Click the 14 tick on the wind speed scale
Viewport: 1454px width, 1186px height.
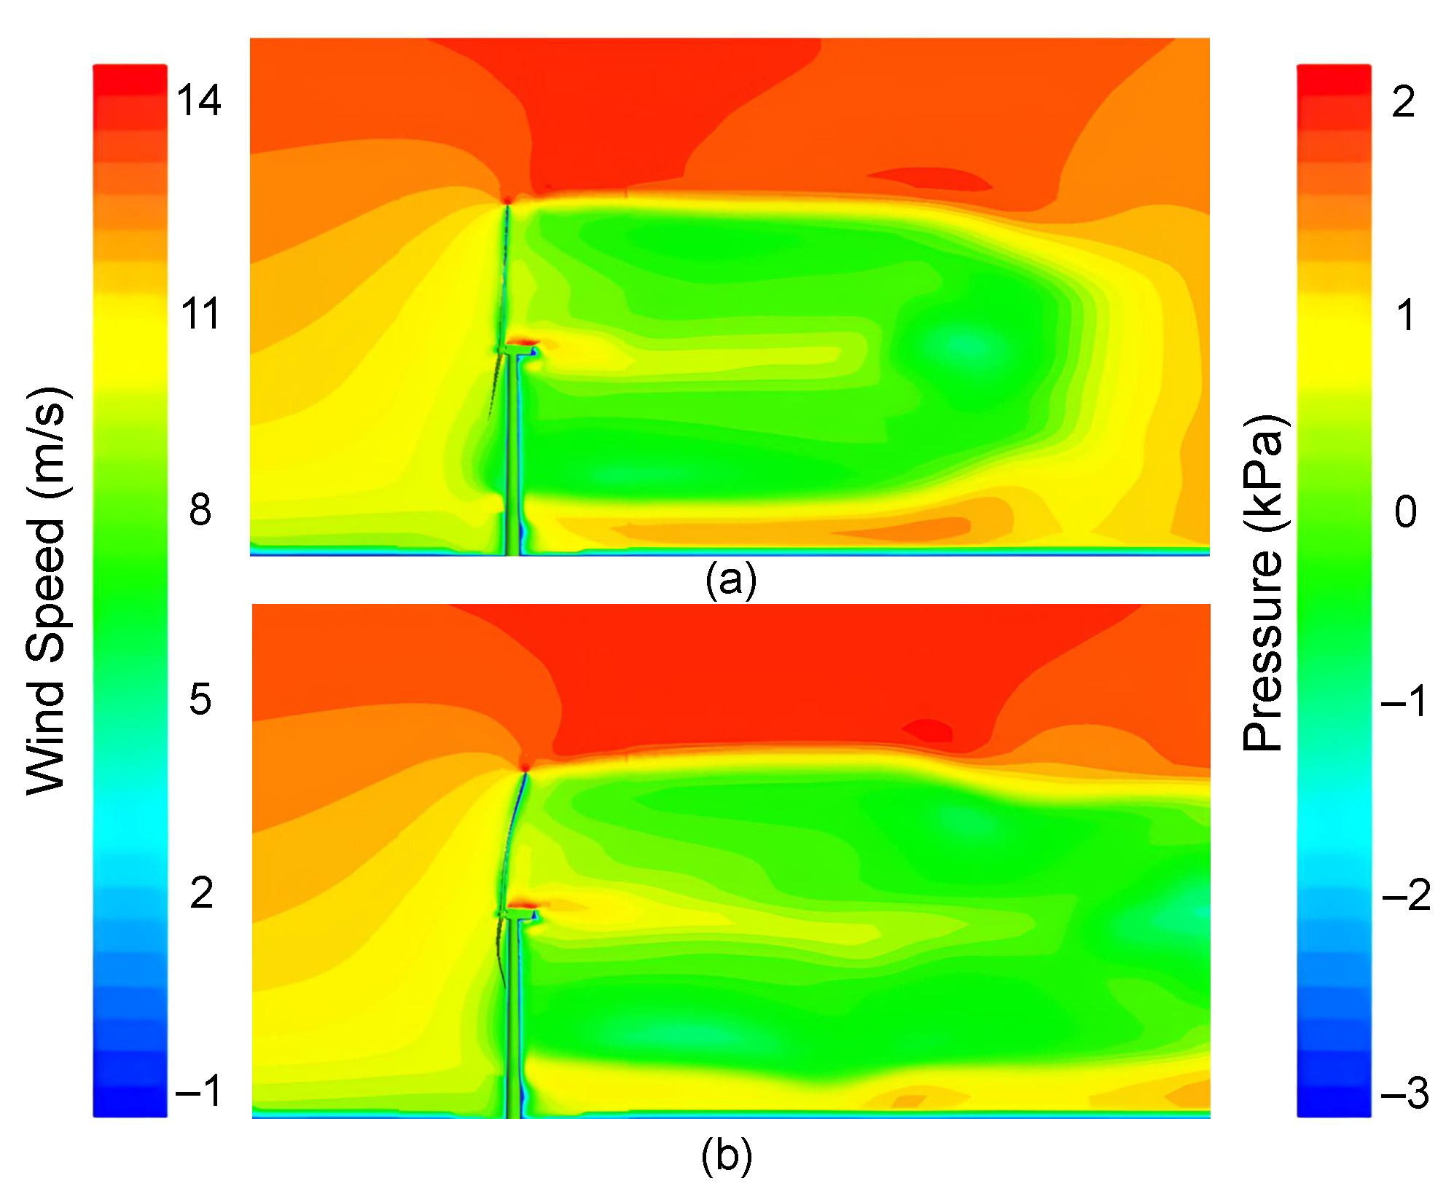click(199, 101)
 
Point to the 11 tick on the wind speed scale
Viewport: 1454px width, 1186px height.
click(200, 315)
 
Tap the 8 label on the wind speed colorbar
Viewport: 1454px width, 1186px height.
click(200, 510)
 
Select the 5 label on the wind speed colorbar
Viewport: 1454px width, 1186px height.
click(200, 699)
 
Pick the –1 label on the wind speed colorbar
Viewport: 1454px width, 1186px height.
click(199, 1091)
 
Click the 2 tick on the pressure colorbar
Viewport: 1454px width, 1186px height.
click(1403, 101)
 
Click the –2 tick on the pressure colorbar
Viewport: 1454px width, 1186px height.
click(1406, 895)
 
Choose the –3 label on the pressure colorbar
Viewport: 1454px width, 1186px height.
click(1405, 1093)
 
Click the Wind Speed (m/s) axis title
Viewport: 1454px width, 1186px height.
click(49, 591)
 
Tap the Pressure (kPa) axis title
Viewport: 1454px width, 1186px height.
click(1263, 583)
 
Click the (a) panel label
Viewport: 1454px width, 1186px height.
click(731, 581)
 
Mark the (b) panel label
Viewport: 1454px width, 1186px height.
click(727, 1156)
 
